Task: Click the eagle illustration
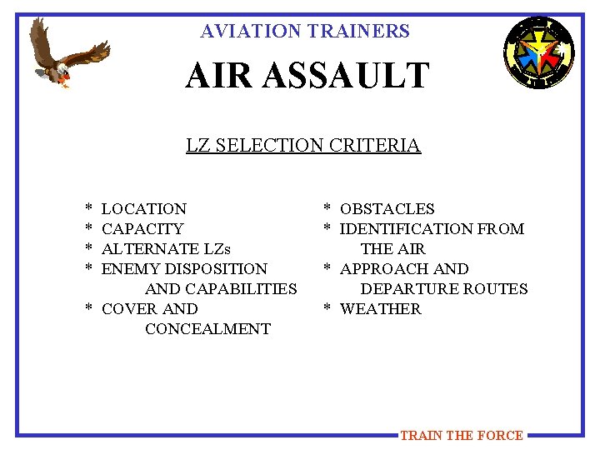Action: click(68, 54)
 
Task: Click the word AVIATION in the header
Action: click(250, 32)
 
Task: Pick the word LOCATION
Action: click(143, 209)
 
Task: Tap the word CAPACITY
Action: click(142, 229)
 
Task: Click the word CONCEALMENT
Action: click(207, 329)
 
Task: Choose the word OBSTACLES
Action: click(387, 209)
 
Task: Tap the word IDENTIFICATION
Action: click(407, 229)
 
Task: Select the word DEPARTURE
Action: click(407, 289)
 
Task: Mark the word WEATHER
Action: click(381, 309)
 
